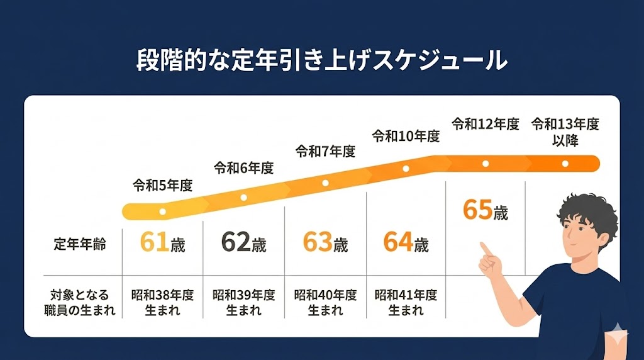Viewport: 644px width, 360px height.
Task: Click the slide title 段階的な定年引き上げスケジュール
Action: tap(321, 61)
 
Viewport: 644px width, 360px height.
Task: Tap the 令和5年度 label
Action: tap(162, 185)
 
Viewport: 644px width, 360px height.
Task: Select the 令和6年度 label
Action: tap(244, 168)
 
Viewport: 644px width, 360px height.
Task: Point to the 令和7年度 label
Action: tap(325, 152)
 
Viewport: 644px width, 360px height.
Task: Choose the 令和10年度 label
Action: tap(406, 135)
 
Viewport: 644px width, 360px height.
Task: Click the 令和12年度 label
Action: tap(486, 124)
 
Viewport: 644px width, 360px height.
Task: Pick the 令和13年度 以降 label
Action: tap(565, 132)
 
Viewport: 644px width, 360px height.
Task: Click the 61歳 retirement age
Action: tap(162, 242)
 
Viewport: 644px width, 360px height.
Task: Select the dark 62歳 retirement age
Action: tap(244, 242)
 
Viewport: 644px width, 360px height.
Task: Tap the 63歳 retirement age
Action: tap(325, 242)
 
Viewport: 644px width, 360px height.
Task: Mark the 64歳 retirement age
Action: tap(406, 242)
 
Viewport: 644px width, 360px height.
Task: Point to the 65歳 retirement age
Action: tap(485, 210)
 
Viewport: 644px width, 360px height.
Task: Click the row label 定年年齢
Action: tap(80, 245)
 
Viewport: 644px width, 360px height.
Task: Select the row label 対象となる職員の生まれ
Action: tap(80, 302)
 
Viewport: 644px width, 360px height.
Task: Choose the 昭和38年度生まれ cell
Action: tap(162, 302)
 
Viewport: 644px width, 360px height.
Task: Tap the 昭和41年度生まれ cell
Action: tap(406, 302)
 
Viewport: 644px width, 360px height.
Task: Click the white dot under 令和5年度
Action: tap(163, 211)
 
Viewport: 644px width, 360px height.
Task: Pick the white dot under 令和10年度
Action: tap(406, 169)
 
